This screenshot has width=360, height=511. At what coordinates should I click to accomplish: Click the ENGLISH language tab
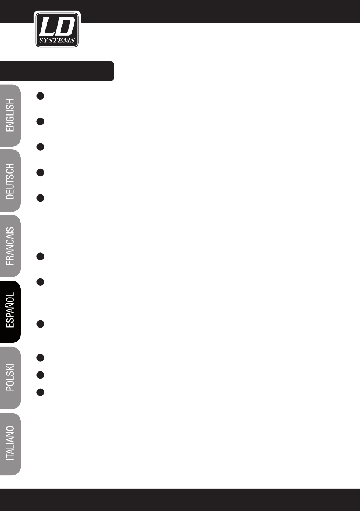click(10, 115)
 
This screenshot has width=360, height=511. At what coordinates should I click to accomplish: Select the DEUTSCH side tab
click(10, 181)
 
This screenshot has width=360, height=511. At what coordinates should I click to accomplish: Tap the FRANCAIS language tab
click(10, 246)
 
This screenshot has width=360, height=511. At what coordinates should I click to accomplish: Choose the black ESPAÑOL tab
click(10, 311)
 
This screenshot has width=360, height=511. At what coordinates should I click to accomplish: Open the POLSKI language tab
click(10, 377)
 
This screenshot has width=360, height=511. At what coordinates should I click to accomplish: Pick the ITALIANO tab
click(10, 443)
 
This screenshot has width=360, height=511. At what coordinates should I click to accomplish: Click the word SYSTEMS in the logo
click(57, 41)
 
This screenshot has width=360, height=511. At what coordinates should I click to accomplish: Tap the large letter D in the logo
click(65, 27)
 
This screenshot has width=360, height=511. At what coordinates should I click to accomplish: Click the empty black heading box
click(57, 71)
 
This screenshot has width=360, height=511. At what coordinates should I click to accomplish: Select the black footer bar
click(180, 499)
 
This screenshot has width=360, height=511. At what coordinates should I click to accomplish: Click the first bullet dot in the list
click(41, 96)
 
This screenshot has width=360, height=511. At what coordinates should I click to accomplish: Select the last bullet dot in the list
click(41, 392)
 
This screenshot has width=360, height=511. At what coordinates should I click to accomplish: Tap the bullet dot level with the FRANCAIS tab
click(41, 257)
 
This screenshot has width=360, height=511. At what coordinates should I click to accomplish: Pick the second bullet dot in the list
click(41, 121)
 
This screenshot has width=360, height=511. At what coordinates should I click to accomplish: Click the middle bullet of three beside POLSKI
click(41, 375)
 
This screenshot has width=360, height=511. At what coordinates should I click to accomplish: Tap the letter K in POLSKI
click(10, 370)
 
